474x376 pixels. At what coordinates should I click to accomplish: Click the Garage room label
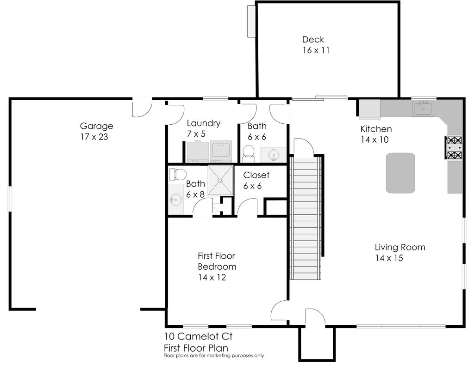96,126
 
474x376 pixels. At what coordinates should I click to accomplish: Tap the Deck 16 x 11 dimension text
316,50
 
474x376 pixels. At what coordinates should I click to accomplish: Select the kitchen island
400,173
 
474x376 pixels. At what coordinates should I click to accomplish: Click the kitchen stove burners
455,148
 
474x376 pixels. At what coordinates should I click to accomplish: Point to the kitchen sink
423,108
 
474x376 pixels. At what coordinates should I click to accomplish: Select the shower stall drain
220,180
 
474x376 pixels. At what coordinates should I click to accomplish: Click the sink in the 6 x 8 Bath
175,200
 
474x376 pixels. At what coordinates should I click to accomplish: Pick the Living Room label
400,247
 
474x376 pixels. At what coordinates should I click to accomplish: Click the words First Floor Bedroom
217,261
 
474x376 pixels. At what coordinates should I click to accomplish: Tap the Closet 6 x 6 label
256,181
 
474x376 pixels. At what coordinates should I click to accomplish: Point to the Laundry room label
204,123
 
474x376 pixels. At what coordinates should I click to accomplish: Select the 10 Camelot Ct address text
198,336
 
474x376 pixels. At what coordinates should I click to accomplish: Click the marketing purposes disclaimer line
214,356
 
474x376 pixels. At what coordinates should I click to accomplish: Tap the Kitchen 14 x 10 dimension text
374,139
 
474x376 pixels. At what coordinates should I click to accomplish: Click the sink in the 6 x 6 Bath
274,155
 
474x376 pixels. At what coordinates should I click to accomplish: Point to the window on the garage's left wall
9,199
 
